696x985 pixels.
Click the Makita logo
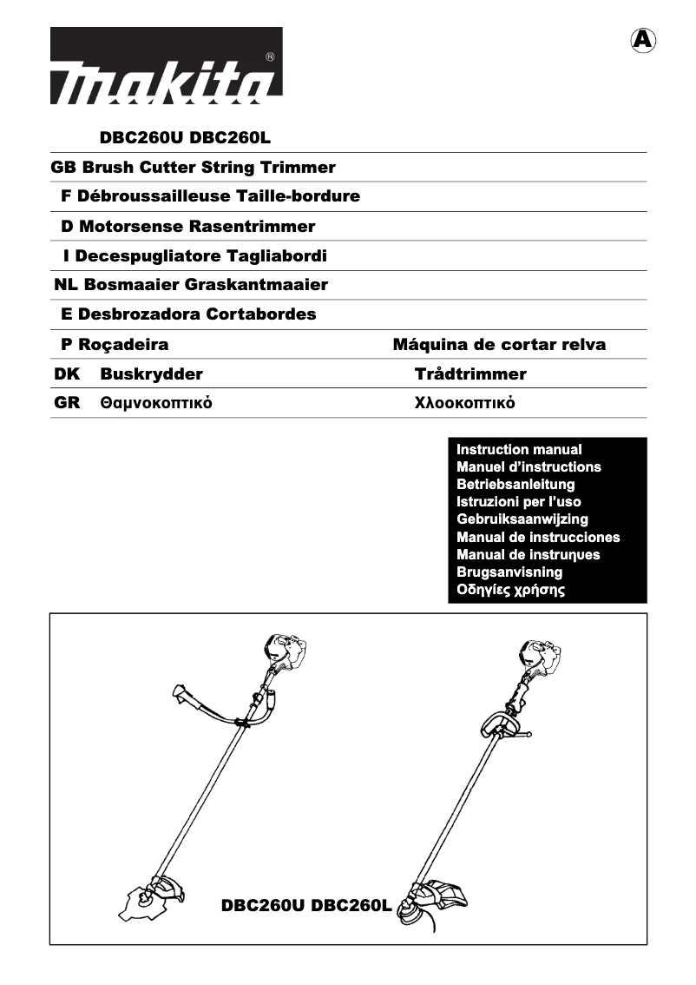(x=166, y=66)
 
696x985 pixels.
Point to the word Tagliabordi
(x=277, y=255)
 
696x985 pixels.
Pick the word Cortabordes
(x=261, y=314)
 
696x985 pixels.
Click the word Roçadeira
(x=124, y=344)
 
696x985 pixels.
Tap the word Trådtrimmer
(x=470, y=374)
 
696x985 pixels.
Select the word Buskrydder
(x=151, y=374)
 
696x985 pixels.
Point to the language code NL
(x=66, y=284)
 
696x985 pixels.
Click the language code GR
(x=67, y=403)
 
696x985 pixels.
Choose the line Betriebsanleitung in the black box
(x=515, y=484)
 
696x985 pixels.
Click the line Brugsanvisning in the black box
(x=509, y=572)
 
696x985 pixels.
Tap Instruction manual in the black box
(x=519, y=449)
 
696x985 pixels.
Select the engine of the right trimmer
(x=539, y=658)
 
